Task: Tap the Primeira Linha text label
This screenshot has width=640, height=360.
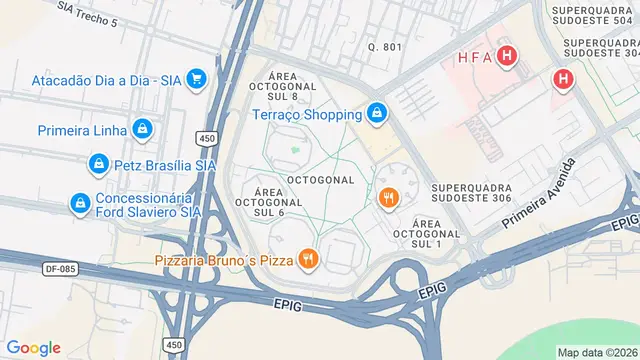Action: pyautogui.click(x=82, y=130)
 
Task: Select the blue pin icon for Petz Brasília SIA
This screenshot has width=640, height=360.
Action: pyautogui.click(x=99, y=164)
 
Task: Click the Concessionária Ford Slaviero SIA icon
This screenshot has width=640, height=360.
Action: pyautogui.click(x=79, y=204)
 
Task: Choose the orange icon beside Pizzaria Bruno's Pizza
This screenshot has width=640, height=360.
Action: pyautogui.click(x=308, y=260)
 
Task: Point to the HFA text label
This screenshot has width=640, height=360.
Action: pyautogui.click(x=474, y=57)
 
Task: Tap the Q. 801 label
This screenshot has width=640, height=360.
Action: pyautogui.click(x=384, y=47)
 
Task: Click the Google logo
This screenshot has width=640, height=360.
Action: pyautogui.click(x=34, y=348)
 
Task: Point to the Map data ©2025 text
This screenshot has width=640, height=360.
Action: pyautogui.click(x=597, y=352)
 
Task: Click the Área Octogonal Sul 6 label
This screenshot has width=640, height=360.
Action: pyautogui.click(x=269, y=201)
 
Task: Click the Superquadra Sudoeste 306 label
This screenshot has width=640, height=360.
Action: pyautogui.click(x=472, y=194)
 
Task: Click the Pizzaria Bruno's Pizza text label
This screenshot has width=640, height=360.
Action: pyautogui.click(x=227, y=260)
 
